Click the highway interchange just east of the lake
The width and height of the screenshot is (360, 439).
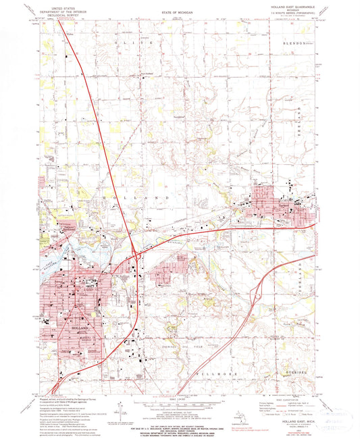[x=137, y=255]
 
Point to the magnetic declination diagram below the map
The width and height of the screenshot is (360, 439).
[x=118, y=406]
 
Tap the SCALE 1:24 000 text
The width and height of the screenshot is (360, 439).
[x=179, y=394]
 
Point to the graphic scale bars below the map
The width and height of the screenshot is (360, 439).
[x=179, y=401]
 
